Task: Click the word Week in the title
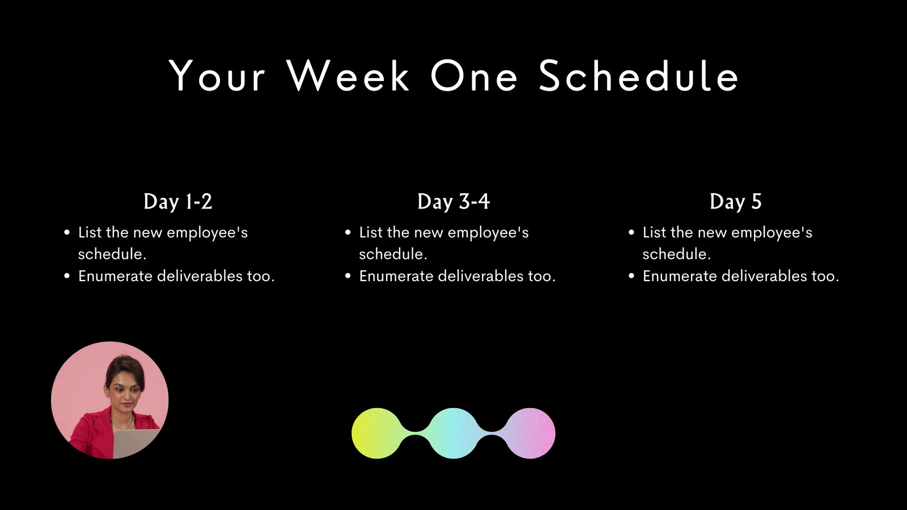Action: pyautogui.click(x=348, y=76)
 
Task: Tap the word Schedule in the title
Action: pyautogui.click(x=639, y=76)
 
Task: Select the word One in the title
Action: pyautogui.click(x=474, y=76)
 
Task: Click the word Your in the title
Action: pyautogui.click(x=217, y=76)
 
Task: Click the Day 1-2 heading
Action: pyautogui.click(x=178, y=202)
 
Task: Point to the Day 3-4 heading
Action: pyautogui.click(x=453, y=202)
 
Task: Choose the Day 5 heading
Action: pyautogui.click(x=735, y=202)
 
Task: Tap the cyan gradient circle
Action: pyautogui.click(x=453, y=433)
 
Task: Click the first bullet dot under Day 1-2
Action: pyautogui.click(x=67, y=233)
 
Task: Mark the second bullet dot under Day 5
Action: pyautogui.click(x=631, y=277)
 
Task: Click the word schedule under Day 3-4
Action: pyautogui.click(x=393, y=254)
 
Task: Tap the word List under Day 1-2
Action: pyautogui.click(x=90, y=232)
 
